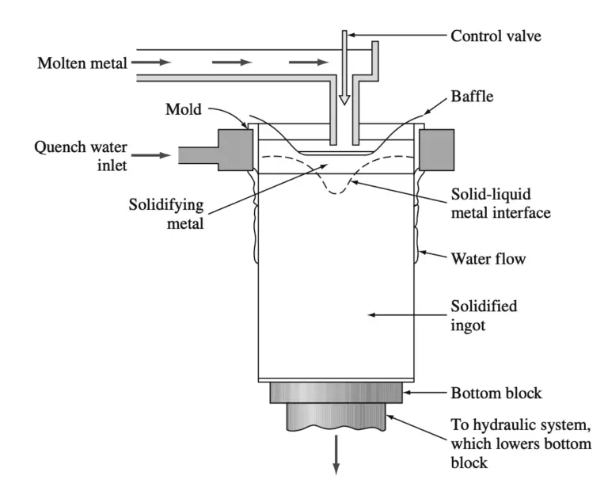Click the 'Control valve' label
point(496,36)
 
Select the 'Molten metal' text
point(82,63)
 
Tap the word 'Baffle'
point(472,99)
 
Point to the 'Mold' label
point(184,108)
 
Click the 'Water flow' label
point(488,258)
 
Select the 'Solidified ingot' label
point(484,315)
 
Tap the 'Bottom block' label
point(496,392)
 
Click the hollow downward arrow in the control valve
point(344,93)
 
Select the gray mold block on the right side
point(436,150)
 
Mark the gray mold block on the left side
point(235,150)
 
